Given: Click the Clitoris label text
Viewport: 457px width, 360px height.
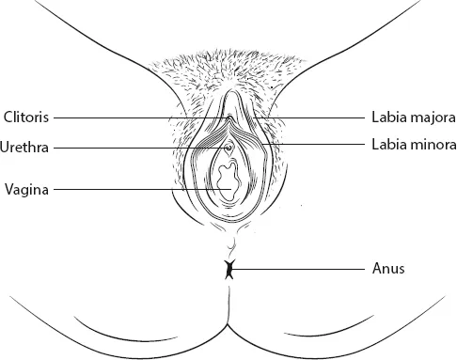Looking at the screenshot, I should [26, 118].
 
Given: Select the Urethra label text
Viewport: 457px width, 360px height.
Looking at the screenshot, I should [26, 148].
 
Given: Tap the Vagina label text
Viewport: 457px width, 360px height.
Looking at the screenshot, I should [27, 189].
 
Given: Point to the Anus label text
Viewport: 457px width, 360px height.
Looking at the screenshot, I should [386, 269].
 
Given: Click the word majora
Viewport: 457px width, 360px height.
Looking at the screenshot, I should [430, 119].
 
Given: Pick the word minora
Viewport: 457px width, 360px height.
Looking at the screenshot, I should [431, 147].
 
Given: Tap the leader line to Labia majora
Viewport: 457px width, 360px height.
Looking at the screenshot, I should [310, 119].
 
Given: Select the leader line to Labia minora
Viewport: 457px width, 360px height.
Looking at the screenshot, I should [320, 145].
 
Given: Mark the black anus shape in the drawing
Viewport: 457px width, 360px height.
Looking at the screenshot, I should [228, 270].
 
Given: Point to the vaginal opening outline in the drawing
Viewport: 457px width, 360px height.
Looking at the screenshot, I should [227, 177].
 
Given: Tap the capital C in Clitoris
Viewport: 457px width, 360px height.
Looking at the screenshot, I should [8, 118].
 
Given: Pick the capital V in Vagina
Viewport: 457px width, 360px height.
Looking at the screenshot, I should [8, 189].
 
